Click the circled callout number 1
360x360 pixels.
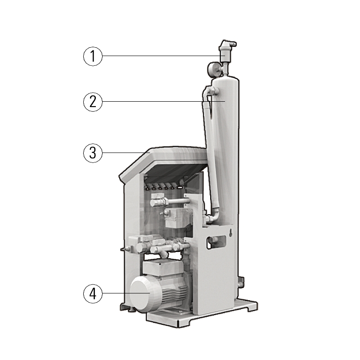coord(93,56)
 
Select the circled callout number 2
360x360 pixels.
coord(93,102)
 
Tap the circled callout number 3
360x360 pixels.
coord(93,153)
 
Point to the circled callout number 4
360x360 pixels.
coord(93,294)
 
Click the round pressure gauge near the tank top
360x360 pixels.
coord(213,68)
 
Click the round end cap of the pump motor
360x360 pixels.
coord(140,294)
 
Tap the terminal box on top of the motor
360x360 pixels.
coord(163,268)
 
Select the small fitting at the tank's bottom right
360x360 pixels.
coord(241,283)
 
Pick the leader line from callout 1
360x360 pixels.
coord(161,55)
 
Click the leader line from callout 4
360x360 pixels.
coord(126,293)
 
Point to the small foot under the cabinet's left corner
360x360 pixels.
coord(131,310)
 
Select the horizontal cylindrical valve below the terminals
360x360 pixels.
coord(170,202)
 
